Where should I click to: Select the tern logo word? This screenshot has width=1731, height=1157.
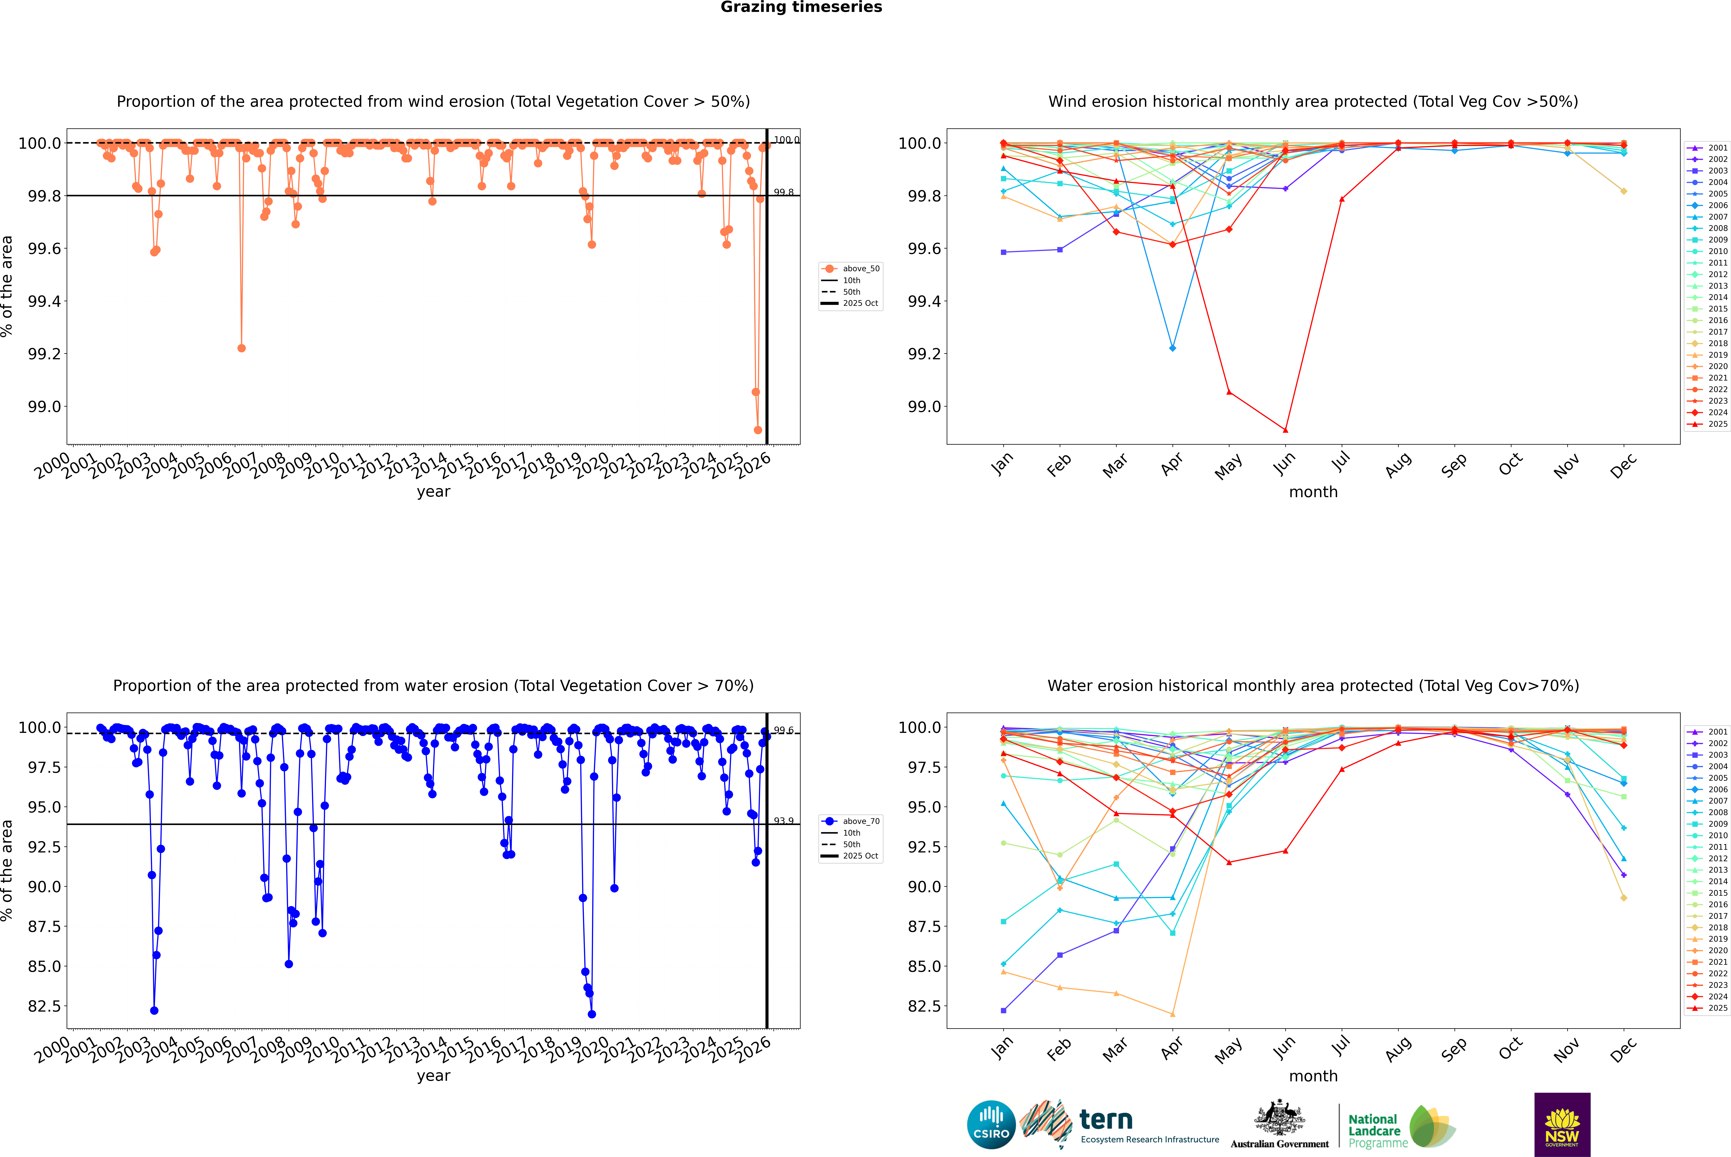coord(1105,1119)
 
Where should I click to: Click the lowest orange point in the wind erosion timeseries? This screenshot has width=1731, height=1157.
coord(758,430)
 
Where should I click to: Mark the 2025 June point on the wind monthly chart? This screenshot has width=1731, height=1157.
coord(1285,430)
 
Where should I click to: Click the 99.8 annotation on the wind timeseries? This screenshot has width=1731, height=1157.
coord(784,193)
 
